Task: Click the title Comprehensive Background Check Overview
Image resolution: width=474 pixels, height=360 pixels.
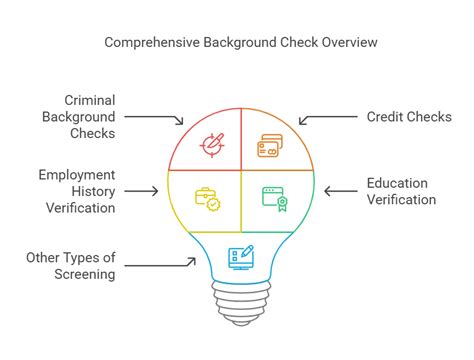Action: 240,43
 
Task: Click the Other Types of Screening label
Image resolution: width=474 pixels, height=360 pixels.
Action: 70,266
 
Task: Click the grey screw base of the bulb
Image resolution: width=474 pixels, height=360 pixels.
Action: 240,301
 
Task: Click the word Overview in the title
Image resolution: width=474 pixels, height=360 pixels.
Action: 349,43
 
